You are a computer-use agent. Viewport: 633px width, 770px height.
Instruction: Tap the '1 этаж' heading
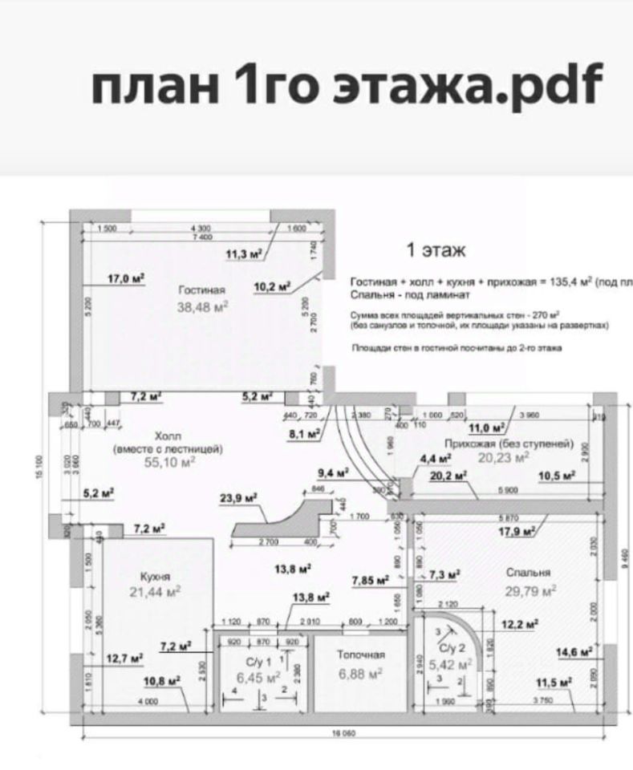[x=436, y=250]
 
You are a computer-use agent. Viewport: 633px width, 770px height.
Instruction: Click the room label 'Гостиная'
[x=202, y=290]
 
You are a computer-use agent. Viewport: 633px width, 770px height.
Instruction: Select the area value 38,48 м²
[x=202, y=306]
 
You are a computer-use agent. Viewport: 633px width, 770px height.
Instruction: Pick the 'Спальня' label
[x=528, y=573]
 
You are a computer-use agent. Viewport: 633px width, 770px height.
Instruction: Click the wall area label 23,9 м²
[x=238, y=498]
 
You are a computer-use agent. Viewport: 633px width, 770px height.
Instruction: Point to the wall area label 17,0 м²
[x=126, y=278]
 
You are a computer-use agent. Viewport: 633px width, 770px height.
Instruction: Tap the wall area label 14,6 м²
[x=574, y=651]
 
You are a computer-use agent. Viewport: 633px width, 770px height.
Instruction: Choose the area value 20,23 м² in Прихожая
[x=504, y=457]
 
